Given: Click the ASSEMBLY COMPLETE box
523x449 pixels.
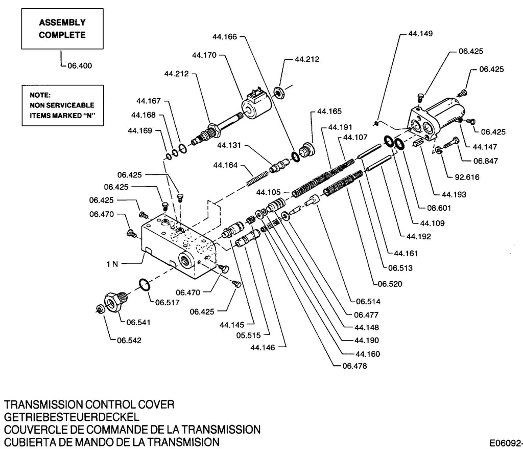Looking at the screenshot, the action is point(62,29).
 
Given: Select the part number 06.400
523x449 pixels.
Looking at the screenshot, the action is point(80,65).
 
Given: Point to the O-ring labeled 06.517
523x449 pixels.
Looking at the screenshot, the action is point(144,285).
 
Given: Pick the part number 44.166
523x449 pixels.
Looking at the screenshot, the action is point(225,37).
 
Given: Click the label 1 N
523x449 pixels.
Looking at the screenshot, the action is point(112,264).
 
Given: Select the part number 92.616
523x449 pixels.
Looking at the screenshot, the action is point(467,177).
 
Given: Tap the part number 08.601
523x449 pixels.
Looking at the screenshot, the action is point(439,208).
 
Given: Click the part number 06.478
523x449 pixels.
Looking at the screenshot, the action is point(354,366).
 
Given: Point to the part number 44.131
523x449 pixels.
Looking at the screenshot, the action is point(229,145).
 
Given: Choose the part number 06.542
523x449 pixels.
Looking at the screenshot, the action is point(129,341).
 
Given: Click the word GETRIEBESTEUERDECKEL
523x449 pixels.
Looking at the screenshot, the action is point(72,417).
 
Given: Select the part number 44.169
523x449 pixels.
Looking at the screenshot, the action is point(140,130).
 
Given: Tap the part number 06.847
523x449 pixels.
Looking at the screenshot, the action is point(486,161).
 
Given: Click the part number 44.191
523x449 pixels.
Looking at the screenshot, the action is point(340,127).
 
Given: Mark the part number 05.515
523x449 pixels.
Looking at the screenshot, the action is point(249,335).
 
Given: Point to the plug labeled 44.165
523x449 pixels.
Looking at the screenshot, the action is point(306,150).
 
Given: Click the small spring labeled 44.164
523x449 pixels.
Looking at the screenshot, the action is point(257,178).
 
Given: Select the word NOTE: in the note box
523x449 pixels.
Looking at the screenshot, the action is point(40,95).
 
